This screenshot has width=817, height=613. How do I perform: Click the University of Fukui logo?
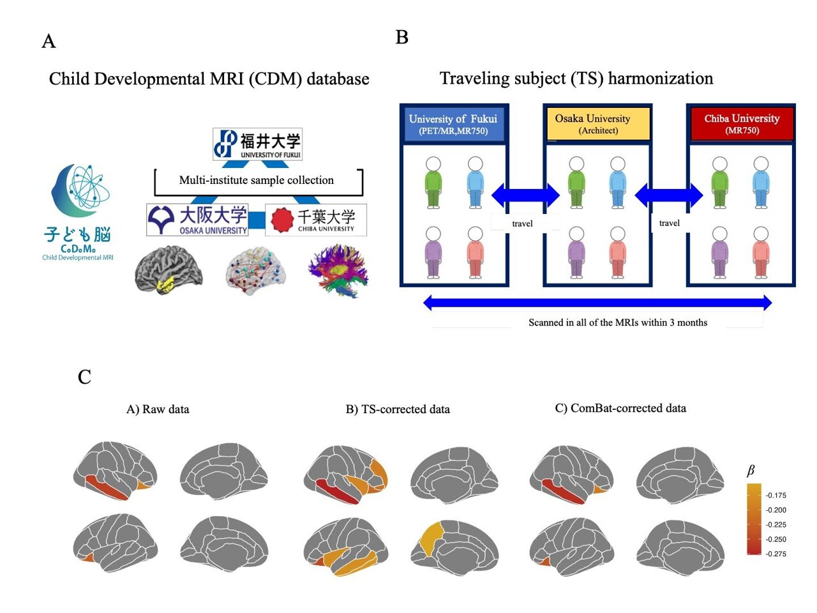257,144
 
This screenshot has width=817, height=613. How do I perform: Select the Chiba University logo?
316,220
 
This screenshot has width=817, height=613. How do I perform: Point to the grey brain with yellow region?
169,270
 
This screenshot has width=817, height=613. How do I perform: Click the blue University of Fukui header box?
453,124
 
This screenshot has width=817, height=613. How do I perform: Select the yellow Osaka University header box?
597,124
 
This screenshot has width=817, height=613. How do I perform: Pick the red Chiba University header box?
742,124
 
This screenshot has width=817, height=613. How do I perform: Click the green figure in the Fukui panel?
433,183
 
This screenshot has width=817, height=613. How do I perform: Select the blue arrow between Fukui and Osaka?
525,194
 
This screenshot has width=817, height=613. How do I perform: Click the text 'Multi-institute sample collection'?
257,180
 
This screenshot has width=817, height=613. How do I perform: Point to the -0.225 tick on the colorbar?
776,525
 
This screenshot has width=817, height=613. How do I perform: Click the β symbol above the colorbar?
751,471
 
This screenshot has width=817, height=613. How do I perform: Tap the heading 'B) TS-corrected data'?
398,409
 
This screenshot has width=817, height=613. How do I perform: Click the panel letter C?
84,377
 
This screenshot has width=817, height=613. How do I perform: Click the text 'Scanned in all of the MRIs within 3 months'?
617,322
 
